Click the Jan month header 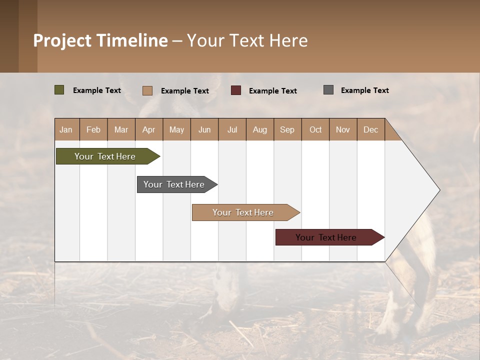click(x=66, y=129)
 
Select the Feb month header click(x=93, y=129)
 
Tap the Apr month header click(x=148, y=129)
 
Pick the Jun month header click(x=204, y=129)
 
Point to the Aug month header click(x=259, y=129)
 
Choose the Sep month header click(x=287, y=129)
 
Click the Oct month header click(x=315, y=129)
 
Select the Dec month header click(x=370, y=129)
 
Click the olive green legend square click(x=59, y=90)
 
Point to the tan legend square click(x=147, y=90)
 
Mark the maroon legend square click(x=236, y=90)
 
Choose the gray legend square click(x=328, y=90)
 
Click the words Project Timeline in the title click(x=100, y=40)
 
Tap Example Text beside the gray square click(x=364, y=90)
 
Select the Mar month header click(x=121, y=129)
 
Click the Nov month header click(x=342, y=129)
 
